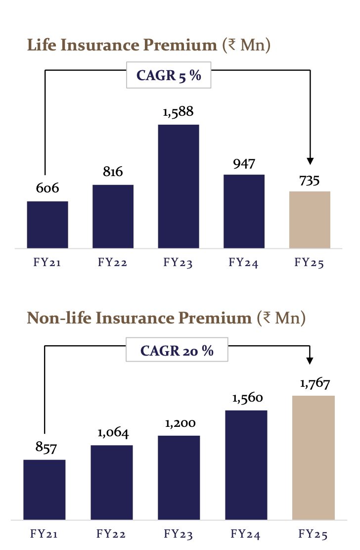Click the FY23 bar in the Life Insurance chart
[x=179, y=186]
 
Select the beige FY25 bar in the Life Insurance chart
[x=310, y=220]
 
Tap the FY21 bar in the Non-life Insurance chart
[x=44, y=490]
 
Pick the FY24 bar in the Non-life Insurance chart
[x=246, y=465]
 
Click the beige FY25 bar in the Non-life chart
[x=314, y=458]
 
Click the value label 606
[x=47, y=188]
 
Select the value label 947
[x=244, y=163]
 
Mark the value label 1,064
[x=113, y=433]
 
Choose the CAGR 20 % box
[x=177, y=351]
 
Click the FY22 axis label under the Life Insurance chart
[x=113, y=263]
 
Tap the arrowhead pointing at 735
[x=310, y=160]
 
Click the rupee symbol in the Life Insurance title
[x=229, y=46]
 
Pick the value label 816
[x=113, y=172]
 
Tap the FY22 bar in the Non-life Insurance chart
[x=112, y=482]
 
